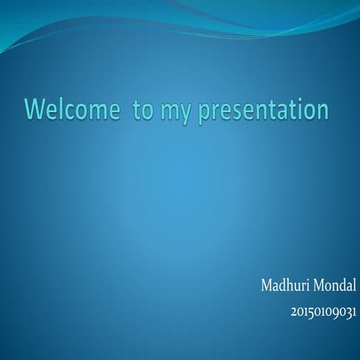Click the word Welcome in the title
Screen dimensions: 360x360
pyautogui.click(x=71, y=109)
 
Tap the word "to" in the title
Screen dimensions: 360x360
pyautogui.click(x=142, y=109)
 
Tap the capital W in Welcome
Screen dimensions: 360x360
pyautogui.click(x=37, y=109)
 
